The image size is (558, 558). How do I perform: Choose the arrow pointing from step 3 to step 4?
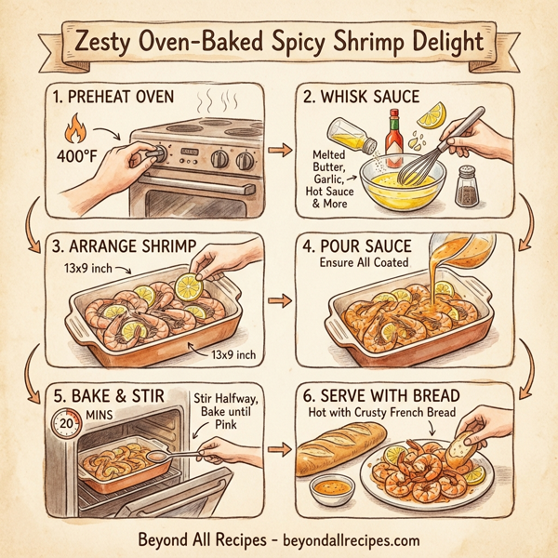(275, 301)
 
